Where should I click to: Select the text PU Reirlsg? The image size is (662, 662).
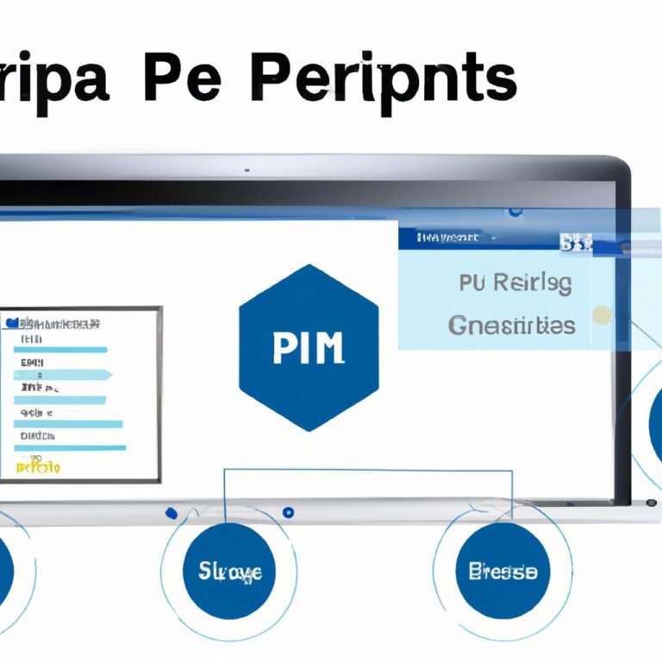515,284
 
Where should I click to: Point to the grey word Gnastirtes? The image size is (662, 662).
511,326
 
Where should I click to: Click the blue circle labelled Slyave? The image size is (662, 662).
223,571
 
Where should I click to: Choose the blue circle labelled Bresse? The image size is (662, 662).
503,571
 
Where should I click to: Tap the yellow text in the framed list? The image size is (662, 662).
38,466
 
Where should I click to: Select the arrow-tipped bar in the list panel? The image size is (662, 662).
66,374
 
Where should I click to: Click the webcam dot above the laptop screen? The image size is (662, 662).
247,170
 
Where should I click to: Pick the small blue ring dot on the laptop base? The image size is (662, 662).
288,512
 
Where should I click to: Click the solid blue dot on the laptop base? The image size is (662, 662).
171,513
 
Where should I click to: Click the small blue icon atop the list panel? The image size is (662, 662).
11,322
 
